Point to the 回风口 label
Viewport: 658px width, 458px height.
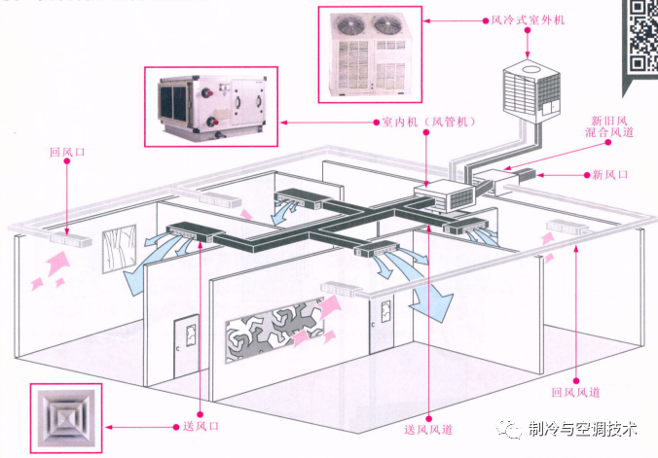(x=68, y=152)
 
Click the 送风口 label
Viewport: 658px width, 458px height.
(x=201, y=426)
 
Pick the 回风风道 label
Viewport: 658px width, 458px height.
(x=575, y=391)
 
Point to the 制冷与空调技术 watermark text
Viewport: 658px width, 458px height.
(x=582, y=429)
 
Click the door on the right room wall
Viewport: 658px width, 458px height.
(x=383, y=326)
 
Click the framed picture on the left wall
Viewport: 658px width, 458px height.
(x=119, y=249)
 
